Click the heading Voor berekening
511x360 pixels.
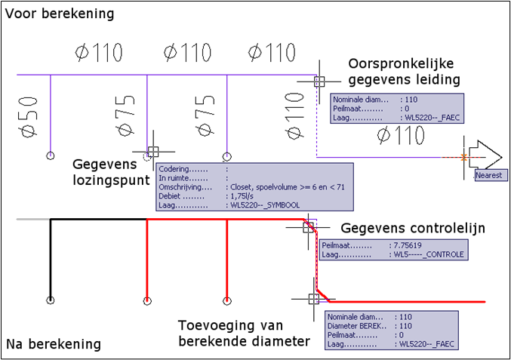pyautogui.click(x=60, y=14)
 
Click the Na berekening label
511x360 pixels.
pyautogui.click(x=54, y=344)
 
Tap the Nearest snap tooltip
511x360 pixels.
pyautogui.click(x=489, y=175)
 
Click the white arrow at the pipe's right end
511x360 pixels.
pyautogui.click(x=484, y=156)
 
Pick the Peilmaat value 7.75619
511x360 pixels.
pyautogui.click(x=408, y=245)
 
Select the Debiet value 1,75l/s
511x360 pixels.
pyautogui.click(x=239, y=195)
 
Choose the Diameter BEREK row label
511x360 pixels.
pyautogui.click(x=352, y=325)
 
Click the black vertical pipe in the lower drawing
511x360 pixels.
pyautogui.click(x=50, y=257)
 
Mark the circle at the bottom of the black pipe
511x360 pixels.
pyautogui.click(x=50, y=300)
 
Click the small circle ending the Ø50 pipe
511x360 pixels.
pyautogui.click(x=50, y=155)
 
